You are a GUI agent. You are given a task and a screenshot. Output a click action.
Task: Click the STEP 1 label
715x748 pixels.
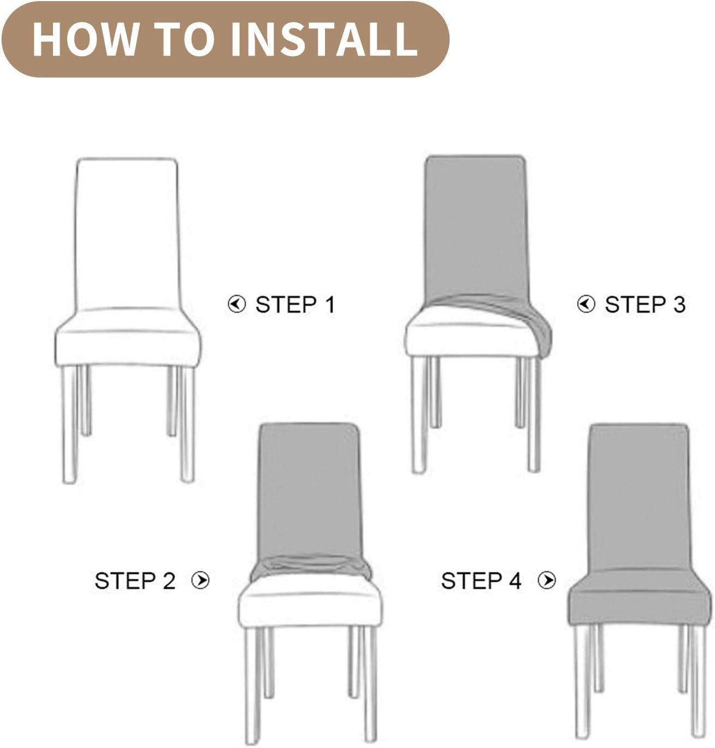[x=295, y=305]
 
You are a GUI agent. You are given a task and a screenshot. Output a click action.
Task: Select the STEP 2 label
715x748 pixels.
[x=135, y=581]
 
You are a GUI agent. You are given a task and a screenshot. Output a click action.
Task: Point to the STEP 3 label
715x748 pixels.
[x=645, y=305]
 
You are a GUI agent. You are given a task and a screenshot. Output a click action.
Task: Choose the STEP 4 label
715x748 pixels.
[x=481, y=581]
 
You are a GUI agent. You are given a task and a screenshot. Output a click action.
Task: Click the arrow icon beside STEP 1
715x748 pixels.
[x=237, y=304]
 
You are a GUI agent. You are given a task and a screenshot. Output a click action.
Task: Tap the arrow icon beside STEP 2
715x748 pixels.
[x=200, y=580]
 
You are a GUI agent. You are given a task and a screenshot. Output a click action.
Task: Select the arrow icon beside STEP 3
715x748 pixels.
[x=586, y=304]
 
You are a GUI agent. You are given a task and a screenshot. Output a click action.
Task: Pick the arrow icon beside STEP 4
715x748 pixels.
[x=547, y=580]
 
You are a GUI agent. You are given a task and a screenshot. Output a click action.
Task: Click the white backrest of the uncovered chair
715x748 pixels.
[x=127, y=232]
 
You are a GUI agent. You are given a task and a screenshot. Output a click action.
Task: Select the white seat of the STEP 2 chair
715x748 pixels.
[x=309, y=603]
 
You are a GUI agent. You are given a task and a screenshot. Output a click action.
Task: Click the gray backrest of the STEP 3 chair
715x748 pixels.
[x=475, y=224]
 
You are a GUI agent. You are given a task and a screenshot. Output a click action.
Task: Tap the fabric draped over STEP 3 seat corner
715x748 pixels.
[x=538, y=328]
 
